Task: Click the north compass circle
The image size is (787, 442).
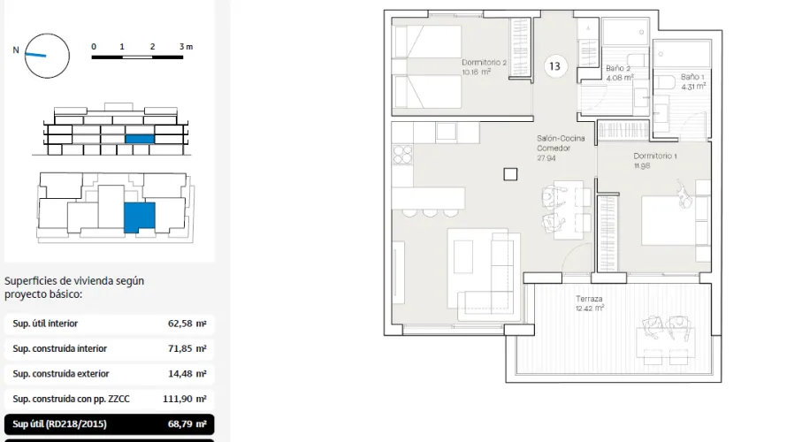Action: point(47,55)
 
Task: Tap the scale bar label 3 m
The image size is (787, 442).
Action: point(186,46)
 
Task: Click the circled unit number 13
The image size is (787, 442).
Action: point(555,66)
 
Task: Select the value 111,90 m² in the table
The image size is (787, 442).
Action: point(184,399)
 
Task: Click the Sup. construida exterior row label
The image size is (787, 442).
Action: point(61,374)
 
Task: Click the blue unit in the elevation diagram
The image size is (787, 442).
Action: point(140,139)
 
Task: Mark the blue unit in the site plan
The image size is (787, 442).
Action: point(139,217)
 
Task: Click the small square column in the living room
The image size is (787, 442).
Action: point(510,174)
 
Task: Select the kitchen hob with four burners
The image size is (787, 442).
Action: point(402,154)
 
